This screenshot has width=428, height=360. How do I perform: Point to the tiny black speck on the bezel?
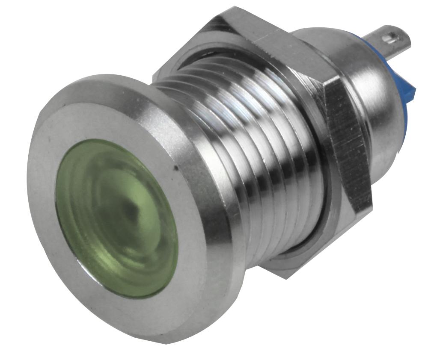(x=175, y=169)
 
